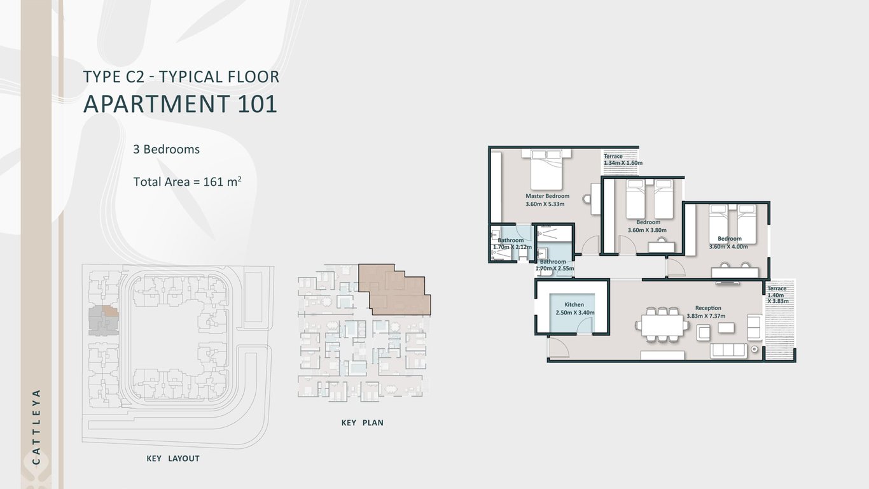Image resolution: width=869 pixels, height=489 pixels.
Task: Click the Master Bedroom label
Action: click(547, 196)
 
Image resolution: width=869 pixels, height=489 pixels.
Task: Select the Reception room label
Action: click(708, 308)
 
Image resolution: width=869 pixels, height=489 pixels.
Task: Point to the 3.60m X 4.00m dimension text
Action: click(728, 246)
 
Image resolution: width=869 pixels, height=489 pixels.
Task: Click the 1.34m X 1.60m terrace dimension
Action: click(623, 163)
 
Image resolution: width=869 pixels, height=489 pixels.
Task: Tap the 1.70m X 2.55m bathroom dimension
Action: click(555, 269)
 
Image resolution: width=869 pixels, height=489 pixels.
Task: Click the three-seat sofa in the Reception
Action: click(729, 350)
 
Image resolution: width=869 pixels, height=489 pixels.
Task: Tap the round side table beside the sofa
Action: click(754, 349)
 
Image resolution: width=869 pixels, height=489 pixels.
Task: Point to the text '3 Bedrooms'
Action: click(167, 150)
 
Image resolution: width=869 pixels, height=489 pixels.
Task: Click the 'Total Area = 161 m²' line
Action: click(187, 181)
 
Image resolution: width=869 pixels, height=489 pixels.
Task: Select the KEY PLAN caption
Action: click(362, 423)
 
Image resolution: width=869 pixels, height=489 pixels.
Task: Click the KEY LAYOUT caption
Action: click(172, 458)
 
